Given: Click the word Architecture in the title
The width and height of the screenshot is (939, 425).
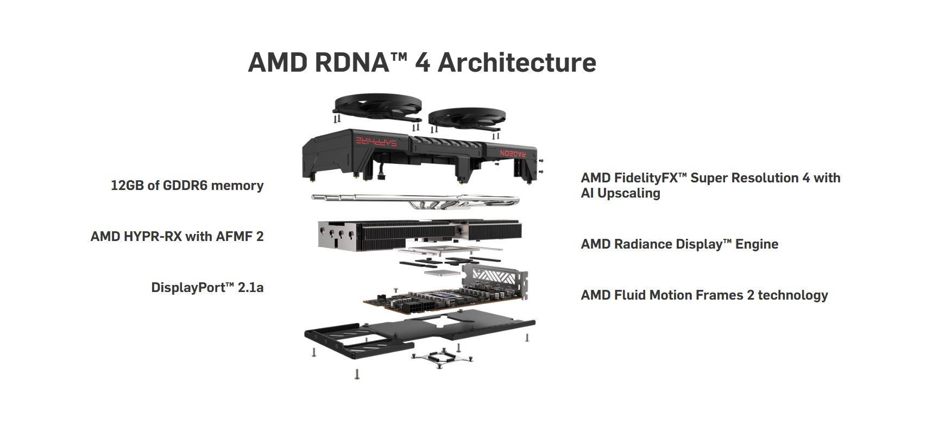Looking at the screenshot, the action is point(516,62).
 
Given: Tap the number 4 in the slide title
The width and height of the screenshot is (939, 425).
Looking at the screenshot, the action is point(423,62).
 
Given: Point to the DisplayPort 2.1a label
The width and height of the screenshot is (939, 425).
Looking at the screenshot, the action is point(207,288).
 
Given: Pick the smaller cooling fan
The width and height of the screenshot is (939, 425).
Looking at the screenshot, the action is point(467,118).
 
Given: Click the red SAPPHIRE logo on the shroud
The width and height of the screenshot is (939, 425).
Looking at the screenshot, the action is point(376,141).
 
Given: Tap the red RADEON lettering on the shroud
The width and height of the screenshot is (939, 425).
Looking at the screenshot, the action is point(513,153).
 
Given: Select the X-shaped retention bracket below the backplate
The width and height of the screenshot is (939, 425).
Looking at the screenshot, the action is point(442,358).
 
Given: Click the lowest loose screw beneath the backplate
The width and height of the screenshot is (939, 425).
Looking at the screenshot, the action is point(357,374).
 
